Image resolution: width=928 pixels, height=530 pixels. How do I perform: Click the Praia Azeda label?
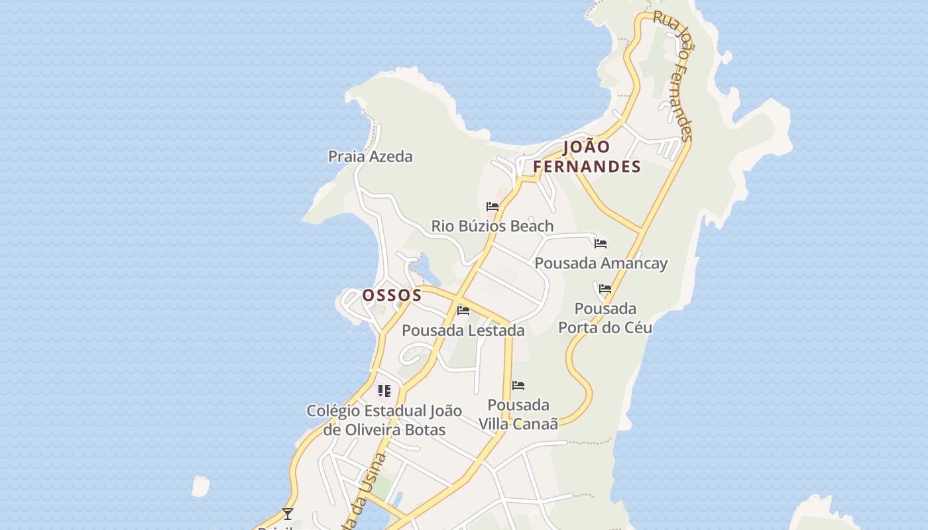click(x=370, y=157)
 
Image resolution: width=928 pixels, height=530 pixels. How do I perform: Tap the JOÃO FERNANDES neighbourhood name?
click(x=587, y=157)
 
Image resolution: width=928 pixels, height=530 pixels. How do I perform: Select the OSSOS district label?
click(x=392, y=295)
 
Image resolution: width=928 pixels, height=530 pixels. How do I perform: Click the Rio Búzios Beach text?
click(x=492, y=226)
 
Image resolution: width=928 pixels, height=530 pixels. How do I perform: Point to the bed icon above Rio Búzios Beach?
click(x=492, y=207)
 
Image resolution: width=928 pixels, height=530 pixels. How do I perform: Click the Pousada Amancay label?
click(x=601, y=263)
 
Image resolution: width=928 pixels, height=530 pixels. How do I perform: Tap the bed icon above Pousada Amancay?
click(x=601, y=244)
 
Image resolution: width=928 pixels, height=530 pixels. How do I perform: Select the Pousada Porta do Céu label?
click(x=605, y=318)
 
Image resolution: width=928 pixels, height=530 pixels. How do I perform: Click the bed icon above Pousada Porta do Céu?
click(x=605, y=289)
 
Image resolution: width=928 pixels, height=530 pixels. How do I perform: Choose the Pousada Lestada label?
click(x=463, y=330)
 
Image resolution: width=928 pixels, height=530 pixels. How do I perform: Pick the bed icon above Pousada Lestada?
click(x=463, y=310)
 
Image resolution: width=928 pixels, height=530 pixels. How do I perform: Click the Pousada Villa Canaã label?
click(x=518, y=414)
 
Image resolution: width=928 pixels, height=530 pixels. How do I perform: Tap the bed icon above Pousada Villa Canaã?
click(x=518, y=386)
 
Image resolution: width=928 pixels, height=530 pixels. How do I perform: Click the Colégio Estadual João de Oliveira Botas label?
click(x=384, y=420)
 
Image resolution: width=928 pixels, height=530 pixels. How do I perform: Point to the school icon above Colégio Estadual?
click(x=384, y=391)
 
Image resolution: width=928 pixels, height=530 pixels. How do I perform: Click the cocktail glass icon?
click(x=288, y=513)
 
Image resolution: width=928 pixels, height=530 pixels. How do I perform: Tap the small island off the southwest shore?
click(x=200, y=486)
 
